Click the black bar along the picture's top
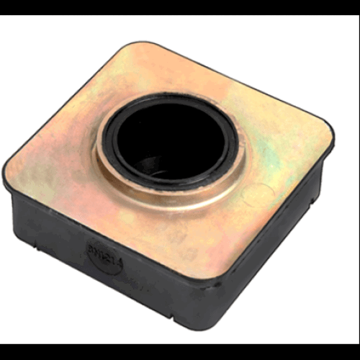pos(180,7)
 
